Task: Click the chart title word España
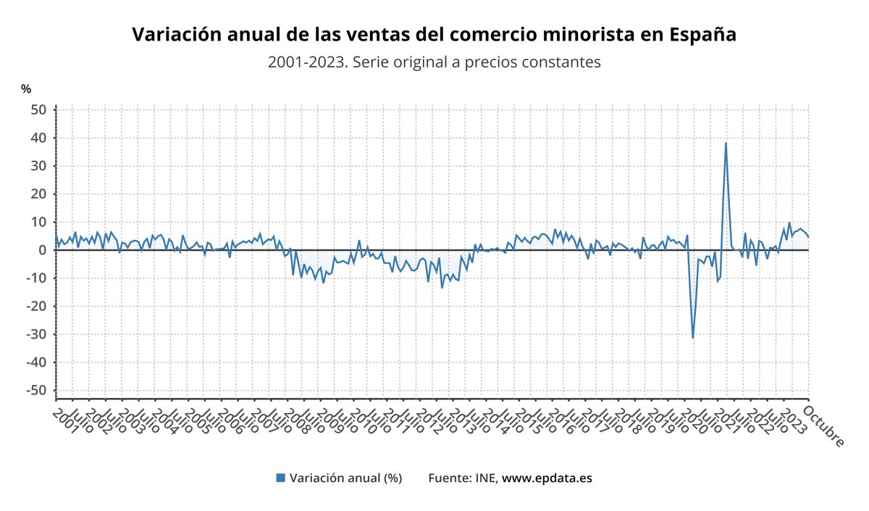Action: pos(702,35)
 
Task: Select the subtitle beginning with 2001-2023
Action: pos(434,62)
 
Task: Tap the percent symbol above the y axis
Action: pos(26,89)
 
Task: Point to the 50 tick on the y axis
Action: pos(38,109)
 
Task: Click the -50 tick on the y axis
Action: pos(36,390)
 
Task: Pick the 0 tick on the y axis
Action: pos(43,250)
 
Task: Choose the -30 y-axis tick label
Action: pos(36,334)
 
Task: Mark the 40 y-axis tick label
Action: pos(38,138)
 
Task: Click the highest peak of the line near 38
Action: pos(726,143)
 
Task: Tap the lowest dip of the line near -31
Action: pos(693,338)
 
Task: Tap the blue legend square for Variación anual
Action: pos(281,478)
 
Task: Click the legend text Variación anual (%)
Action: pos(345,478)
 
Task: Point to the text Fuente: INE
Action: pos(462,478)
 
